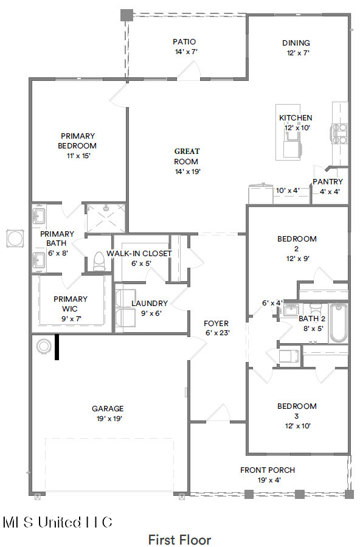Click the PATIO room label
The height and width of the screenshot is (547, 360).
point(184,42)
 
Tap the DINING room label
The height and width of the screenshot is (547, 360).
point(296,43)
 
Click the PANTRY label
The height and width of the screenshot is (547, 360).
point(328,181)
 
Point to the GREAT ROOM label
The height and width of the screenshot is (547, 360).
point(187,156)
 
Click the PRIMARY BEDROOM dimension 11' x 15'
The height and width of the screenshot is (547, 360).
point(77,156)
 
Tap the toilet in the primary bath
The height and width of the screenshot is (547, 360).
point(99,260)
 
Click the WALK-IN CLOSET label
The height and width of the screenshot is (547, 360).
point(139,253)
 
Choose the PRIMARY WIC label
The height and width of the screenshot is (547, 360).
point(71,299)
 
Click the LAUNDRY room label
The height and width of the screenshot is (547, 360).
point(150,303)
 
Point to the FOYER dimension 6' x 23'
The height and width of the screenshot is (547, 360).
point(216,333)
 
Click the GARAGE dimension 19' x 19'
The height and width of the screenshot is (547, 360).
point(108,419)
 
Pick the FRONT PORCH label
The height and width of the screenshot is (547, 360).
point(268,470)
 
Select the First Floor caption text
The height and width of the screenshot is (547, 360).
point(179,539)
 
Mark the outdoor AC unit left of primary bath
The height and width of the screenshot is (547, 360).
point(13,239)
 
